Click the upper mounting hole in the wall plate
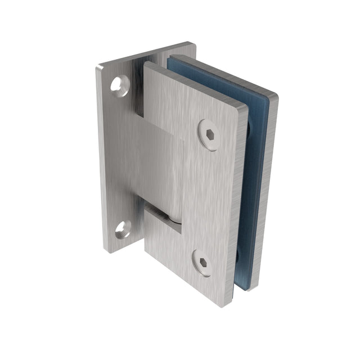click(x=119, y=85)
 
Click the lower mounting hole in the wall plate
click(x=122, y=228)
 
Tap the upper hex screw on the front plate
click(x=209, y=135)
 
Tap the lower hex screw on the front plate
click(x=202, y=263)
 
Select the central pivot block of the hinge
click(x=160, y=169)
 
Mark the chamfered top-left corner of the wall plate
click(x=100, y=69)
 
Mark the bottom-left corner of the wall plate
click(x=108, y=250)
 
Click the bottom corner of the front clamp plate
click(x=222, y=305)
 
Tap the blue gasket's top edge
click(x=219, y=76)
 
